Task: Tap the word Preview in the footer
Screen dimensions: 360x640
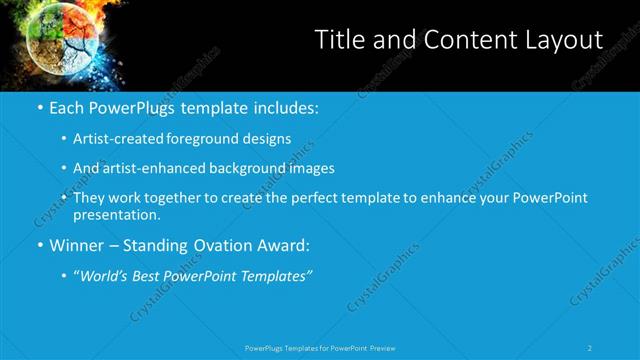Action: (x=383, y=348)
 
